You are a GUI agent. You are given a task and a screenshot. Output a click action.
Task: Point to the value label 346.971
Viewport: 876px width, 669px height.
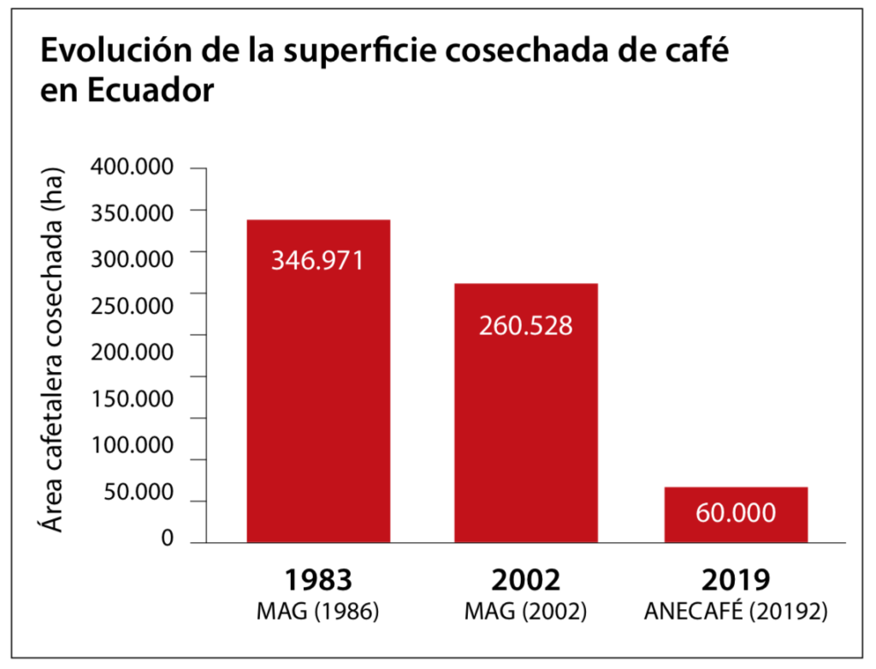pos(317,260)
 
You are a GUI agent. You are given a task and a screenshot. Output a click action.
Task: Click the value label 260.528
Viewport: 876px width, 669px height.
pos(525,326)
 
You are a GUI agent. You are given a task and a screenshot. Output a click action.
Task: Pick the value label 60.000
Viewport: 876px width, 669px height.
pos(736,513)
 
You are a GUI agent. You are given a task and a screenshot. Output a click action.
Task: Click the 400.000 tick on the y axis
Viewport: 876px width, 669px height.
pos(137,167)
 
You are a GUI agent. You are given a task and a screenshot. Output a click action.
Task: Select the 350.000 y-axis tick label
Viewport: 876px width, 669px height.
pos(137,212)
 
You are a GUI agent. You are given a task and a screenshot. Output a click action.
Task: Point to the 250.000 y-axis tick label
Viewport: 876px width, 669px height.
pos(137,305)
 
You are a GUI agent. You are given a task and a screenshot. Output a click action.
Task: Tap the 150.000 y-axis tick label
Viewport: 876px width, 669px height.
pos(137,398)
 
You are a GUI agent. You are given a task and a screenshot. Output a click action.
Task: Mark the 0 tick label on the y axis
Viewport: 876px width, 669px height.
pos(168,538)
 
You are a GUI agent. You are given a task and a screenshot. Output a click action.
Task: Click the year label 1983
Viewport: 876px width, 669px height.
pos(318,580)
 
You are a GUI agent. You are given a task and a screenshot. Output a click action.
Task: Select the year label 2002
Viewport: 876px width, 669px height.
pos(525,580)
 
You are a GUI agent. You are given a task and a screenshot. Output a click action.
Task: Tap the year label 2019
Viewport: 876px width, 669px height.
pos(736,580)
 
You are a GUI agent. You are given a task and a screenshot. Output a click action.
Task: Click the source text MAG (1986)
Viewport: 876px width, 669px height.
pos(318,613)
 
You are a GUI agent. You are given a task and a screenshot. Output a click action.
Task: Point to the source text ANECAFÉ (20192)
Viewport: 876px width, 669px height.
pos(736,613)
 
